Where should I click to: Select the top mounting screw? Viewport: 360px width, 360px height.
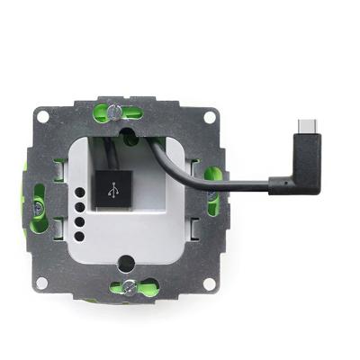coord(116,112)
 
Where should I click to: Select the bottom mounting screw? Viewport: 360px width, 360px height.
coord(129,287)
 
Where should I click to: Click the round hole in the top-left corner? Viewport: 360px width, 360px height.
coord(41,116)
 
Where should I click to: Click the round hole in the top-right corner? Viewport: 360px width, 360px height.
coord(210,116)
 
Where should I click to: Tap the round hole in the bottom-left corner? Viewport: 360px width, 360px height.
coord(41,283)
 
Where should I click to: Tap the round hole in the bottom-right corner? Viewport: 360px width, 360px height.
coord(210,283)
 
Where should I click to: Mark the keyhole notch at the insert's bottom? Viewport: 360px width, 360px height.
coord(125,263)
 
